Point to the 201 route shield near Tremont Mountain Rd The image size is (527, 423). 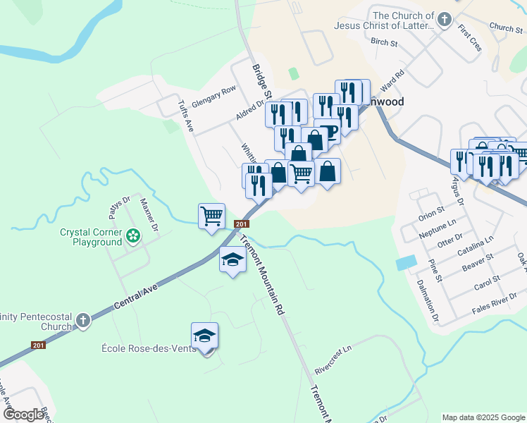241,224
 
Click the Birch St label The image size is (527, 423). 384,42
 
